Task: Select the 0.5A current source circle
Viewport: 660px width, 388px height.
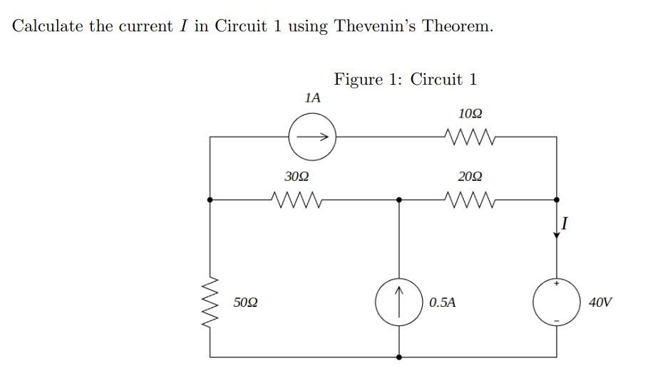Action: coord(399,303)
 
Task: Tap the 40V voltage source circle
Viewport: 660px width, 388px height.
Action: coord(557,303)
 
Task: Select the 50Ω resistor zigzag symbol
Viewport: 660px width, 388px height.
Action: coord(210,302)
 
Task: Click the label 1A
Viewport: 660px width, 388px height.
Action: coord(311,98)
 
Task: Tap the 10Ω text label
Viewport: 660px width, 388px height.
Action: coord(470,114)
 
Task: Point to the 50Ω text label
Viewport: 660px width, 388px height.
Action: coord(246,303)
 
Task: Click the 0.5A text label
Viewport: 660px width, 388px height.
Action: coord(442,303)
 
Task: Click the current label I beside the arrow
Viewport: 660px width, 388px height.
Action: coord(565,225)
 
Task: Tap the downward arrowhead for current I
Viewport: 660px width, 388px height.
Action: coord(557,236)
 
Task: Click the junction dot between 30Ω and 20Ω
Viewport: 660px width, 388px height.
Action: coord(399,200)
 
